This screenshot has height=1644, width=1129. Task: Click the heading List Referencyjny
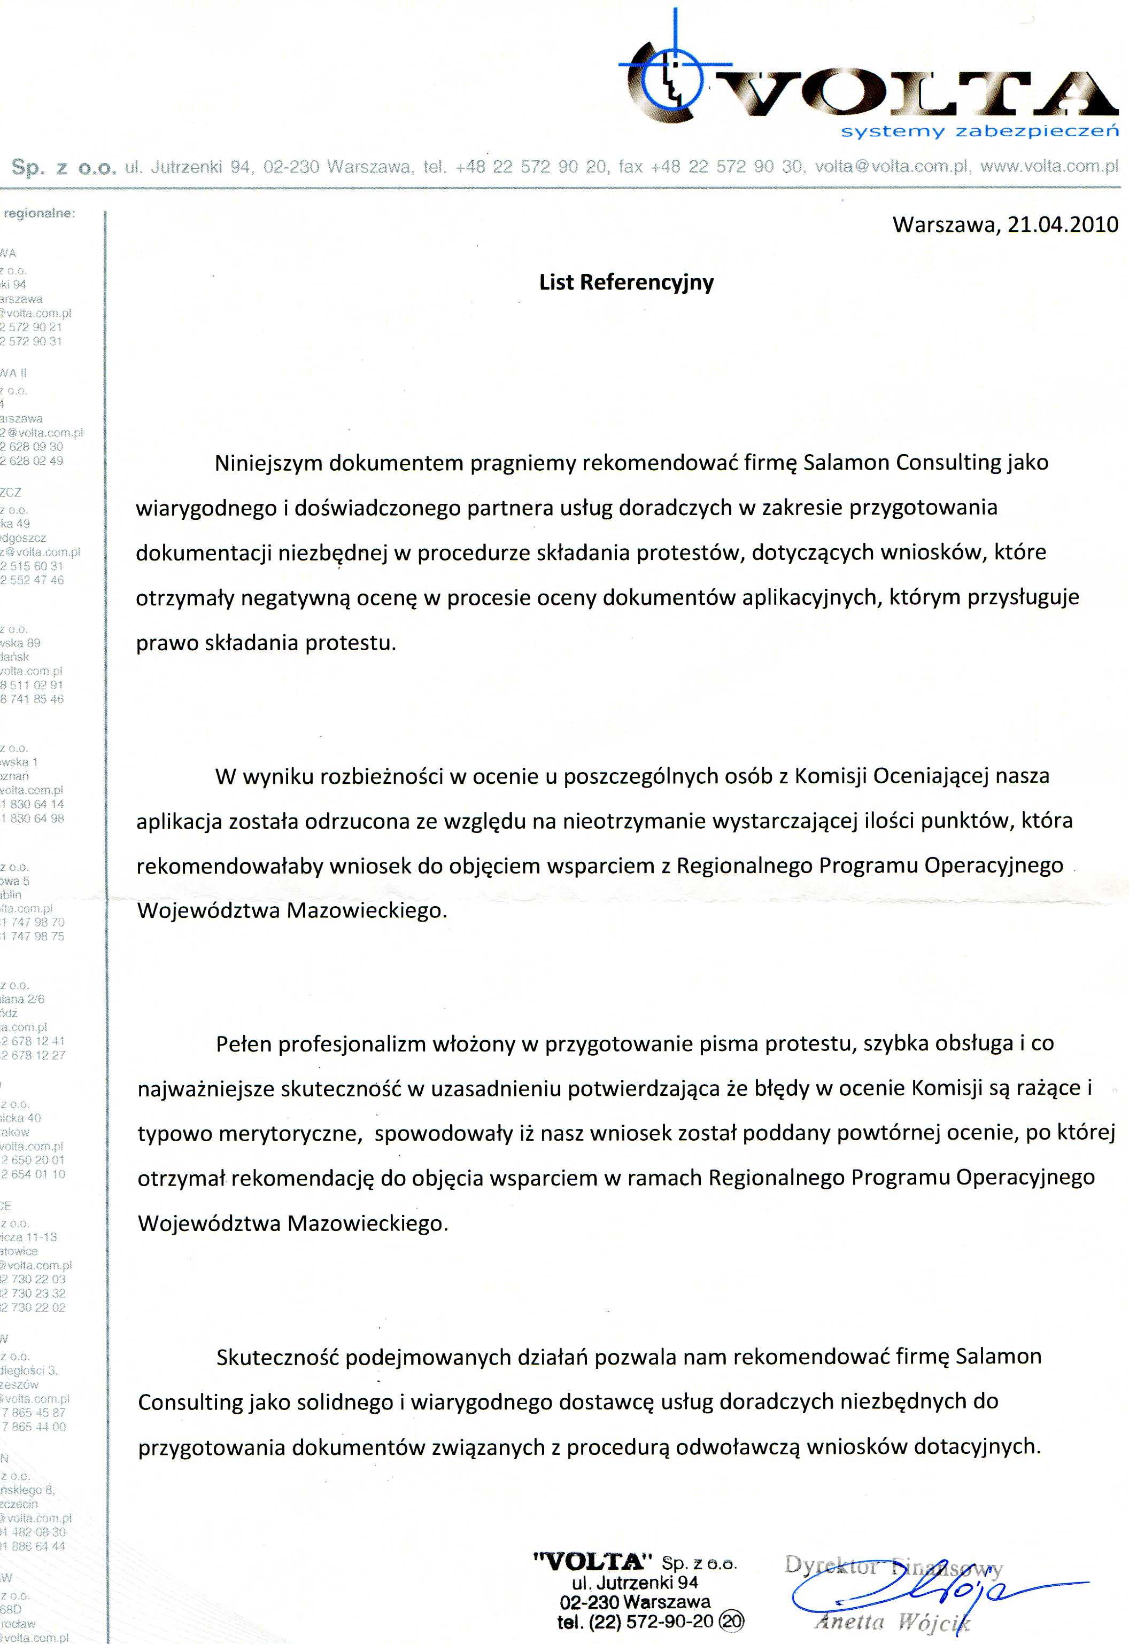[x=627, y=282]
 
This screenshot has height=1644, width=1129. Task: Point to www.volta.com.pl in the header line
[x=1049, y=167]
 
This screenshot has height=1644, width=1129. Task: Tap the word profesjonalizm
[x=352, y=1044]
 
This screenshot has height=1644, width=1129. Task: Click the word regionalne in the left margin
[x=41, y=213]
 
